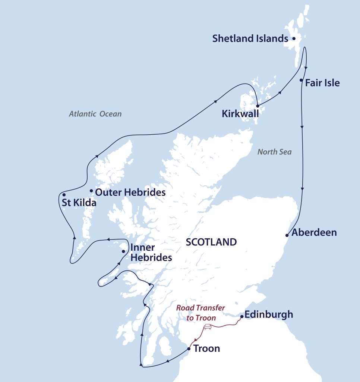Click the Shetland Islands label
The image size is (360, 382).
[x=250, y=38]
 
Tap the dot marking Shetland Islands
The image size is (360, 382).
[x=294, y=38]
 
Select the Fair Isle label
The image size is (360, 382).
[x=322, y=83]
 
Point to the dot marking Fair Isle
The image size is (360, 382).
[x=301, y=80]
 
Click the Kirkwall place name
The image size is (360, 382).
[x=240, y=114]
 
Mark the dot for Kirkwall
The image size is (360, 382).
[x=258, y=106]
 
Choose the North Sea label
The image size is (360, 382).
[x=275, y=152]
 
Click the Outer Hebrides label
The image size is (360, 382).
[x=130, y=192]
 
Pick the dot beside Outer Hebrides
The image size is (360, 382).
[x=91, y=191]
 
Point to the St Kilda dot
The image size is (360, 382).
[x=64, y=195]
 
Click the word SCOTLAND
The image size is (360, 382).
[x=211, y=242]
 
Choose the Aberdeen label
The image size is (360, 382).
[x=314, y=233]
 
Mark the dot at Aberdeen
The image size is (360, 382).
[x=287, y=235]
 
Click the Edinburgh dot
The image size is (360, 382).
[x=241, y=317]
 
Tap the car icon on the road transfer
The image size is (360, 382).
[x=208, y=327]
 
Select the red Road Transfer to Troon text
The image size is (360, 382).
[x=201, y=313]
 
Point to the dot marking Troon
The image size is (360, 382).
[x=189, y=349]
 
